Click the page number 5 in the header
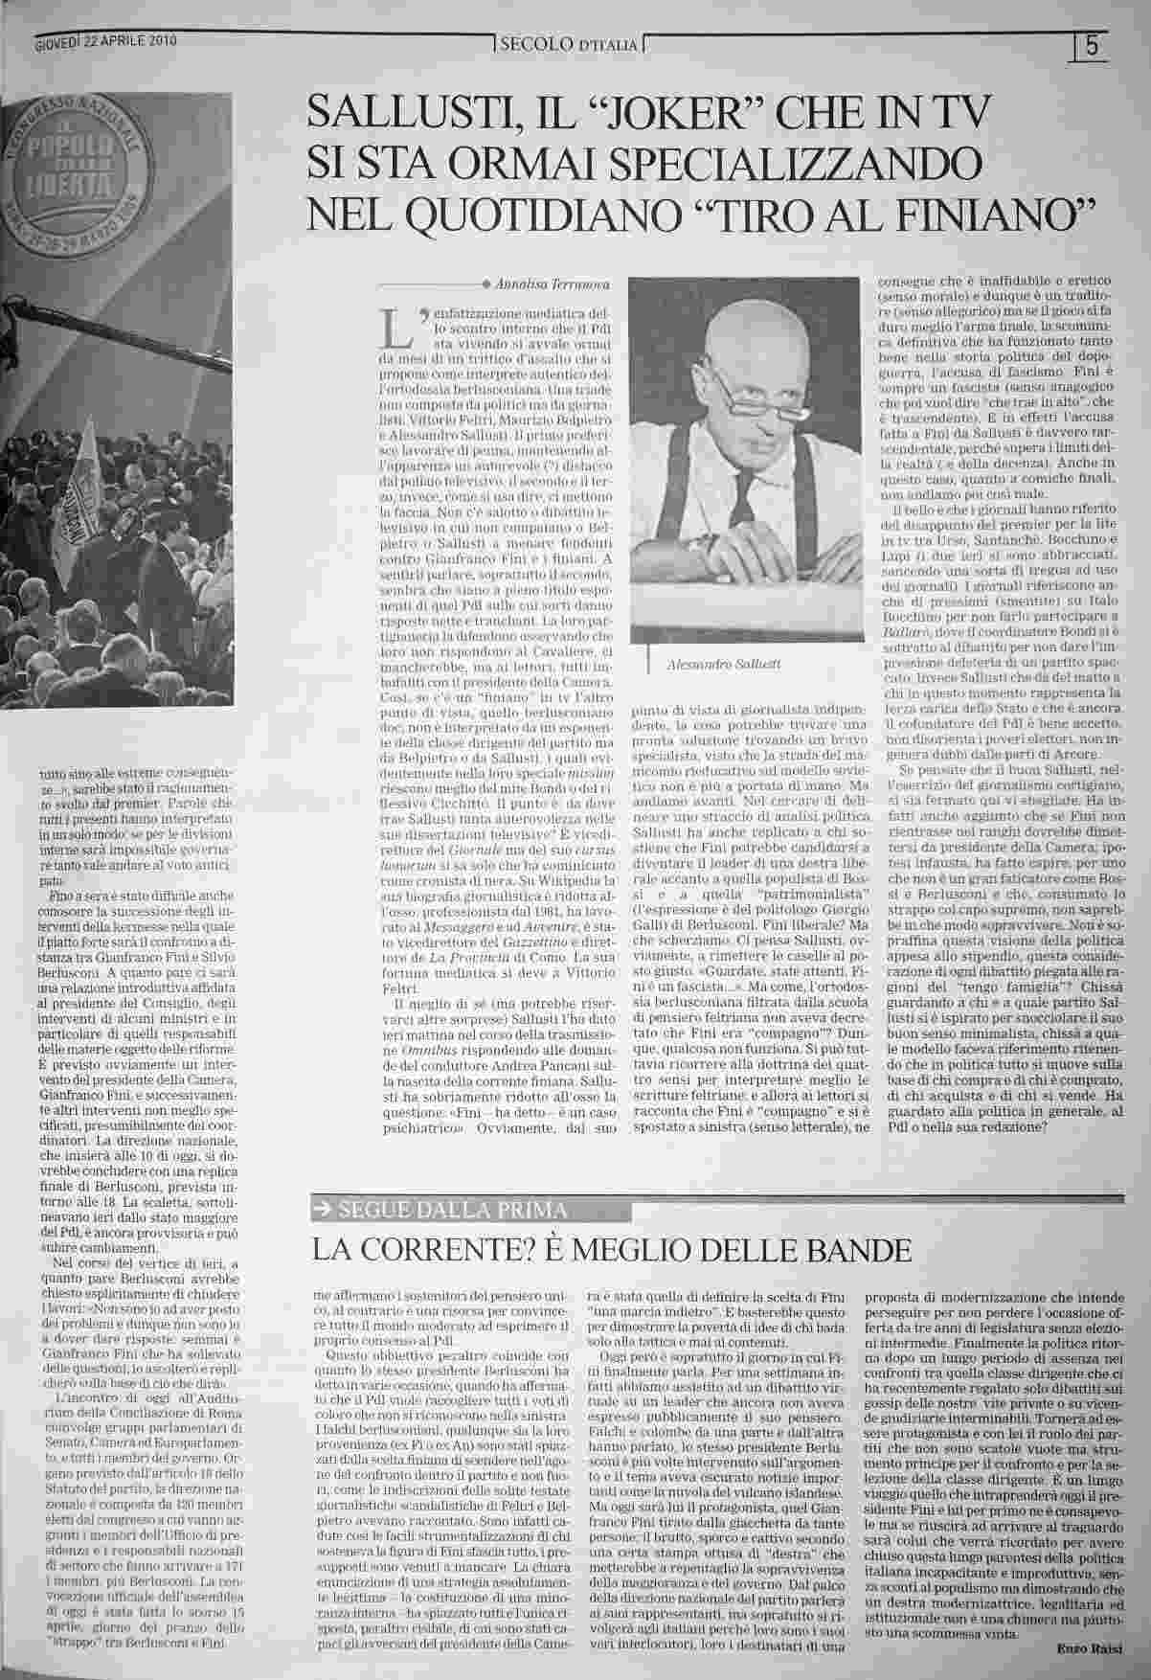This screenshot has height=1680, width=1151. click(x=1092, y=46)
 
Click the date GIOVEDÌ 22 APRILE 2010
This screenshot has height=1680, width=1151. click(x=105, y=41)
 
